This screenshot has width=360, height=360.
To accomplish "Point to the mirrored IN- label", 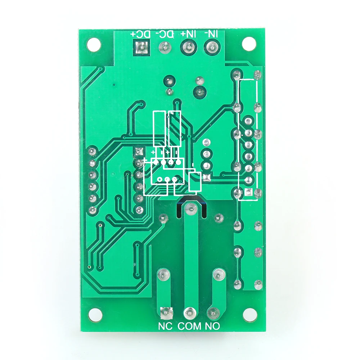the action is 211,34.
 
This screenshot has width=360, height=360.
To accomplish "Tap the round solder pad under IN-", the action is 212,46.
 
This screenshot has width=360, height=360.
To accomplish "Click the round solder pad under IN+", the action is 188,46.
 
